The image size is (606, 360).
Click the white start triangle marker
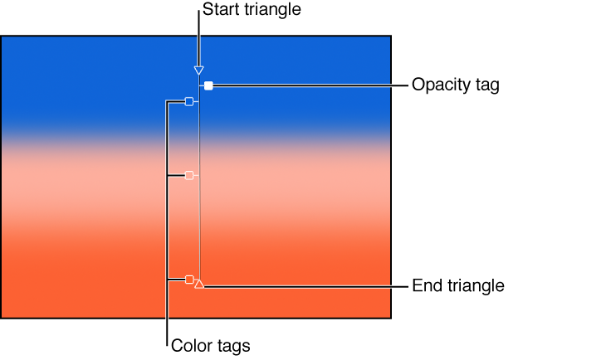coord(198,71)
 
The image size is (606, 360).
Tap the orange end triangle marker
coord(199,284)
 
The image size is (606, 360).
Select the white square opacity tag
coord(209,85)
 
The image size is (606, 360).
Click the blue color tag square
coord(189,101)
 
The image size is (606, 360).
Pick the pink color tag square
coord(189,175)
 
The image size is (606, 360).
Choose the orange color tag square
coord(189,280)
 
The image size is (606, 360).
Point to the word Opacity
coord(441,85)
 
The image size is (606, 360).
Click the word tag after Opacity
coord(486,85)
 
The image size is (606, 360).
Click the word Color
coord(189,345)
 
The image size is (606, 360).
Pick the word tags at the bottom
coord(232,345)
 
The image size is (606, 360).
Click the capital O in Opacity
coord(418,85)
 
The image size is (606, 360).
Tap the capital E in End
coord(417,285)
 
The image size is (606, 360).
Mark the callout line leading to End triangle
coord(307,286)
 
